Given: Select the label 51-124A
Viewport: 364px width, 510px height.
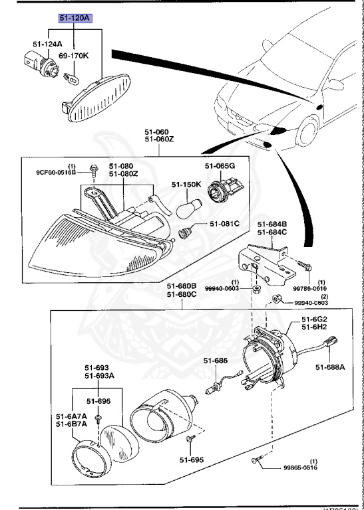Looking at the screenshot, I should point(47,44).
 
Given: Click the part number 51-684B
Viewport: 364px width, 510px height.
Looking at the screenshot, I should point(273,224).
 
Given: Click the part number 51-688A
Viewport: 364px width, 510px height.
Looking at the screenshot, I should point(330,367).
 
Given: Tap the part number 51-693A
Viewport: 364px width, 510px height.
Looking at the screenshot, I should point(99,375).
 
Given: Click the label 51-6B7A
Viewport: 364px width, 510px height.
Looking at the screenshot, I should point(71,424).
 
